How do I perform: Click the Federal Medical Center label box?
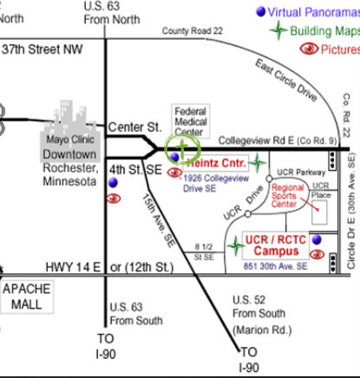point(191,121)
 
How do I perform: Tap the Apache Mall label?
point(27,297)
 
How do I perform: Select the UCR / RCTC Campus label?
point(276,245)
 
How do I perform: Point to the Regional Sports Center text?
point(287,196)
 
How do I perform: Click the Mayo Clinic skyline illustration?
point(71,131)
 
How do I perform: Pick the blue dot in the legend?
point(260,12)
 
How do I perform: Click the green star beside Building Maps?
point(278,30)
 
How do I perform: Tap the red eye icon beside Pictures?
point(309,49)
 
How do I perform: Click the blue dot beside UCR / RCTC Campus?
point(317,239)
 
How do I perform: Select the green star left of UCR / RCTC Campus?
point(236,246)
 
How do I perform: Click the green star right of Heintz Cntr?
point(257,163)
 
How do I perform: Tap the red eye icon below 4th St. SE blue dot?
point(114,199)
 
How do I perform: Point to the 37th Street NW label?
point(43,49)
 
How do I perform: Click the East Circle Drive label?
point(286,80)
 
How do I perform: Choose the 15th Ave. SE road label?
point(159,220)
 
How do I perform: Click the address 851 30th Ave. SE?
point(275,266)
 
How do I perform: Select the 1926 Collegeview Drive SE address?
point(216,183)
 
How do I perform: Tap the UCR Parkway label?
point(301,173)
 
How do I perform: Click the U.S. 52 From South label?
point(262,315)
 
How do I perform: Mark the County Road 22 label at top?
point(193,30)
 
